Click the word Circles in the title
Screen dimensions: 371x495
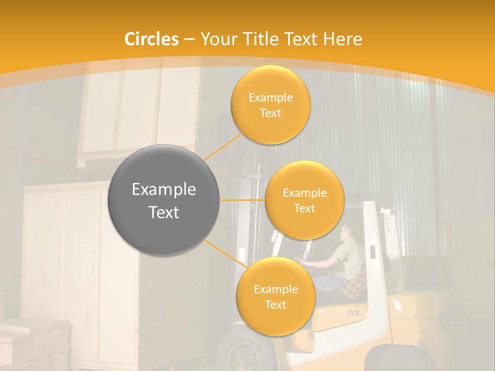152,39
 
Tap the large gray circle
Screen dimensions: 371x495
164,200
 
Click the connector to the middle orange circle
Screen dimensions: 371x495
242,200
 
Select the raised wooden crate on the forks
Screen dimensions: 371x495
139,113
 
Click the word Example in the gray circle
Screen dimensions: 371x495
164,190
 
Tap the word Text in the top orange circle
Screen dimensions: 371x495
271,113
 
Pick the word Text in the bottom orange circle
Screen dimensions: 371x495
275,305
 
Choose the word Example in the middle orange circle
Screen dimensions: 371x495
305,193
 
